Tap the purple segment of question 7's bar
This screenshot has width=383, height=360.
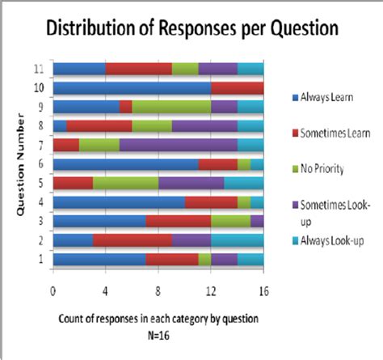tap(178, 145)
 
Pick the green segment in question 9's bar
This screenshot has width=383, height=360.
tap(171, 106)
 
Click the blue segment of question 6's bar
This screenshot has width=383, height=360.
tap(125, 164)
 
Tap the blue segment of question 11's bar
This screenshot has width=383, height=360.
tap(79, 69)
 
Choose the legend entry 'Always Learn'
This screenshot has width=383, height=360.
tap(320, 97)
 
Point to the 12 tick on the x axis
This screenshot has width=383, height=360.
tap(211, 286)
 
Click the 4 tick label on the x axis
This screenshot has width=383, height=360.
tap(106, 286)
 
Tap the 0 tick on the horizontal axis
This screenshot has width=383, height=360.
tap(53, 286)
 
